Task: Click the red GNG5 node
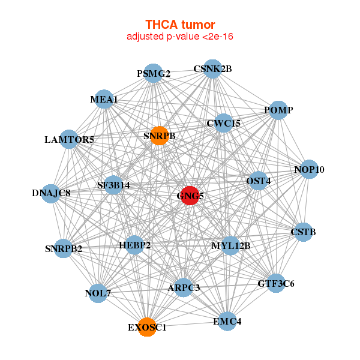click(190, 196)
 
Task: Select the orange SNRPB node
click(159, 136)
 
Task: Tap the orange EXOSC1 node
click(147, 327)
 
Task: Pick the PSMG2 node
click(154, 73)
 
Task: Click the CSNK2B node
click(212, 69)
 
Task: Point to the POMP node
click(278, 110)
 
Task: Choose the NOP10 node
click(309, 169)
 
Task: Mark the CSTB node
click(303, 232)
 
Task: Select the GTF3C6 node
click(276, 283)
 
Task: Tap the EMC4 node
click(227, 321)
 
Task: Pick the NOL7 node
click(98, 293)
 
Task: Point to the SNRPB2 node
click(64, 248)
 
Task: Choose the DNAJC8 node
click(52, 193)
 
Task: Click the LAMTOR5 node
click(69, 139)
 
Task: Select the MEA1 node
click(104, 99)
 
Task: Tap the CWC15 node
click(223, 124)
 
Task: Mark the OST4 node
click(259, 181)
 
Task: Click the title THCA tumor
click(180, 25)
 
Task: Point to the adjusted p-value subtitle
click(180, 37)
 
